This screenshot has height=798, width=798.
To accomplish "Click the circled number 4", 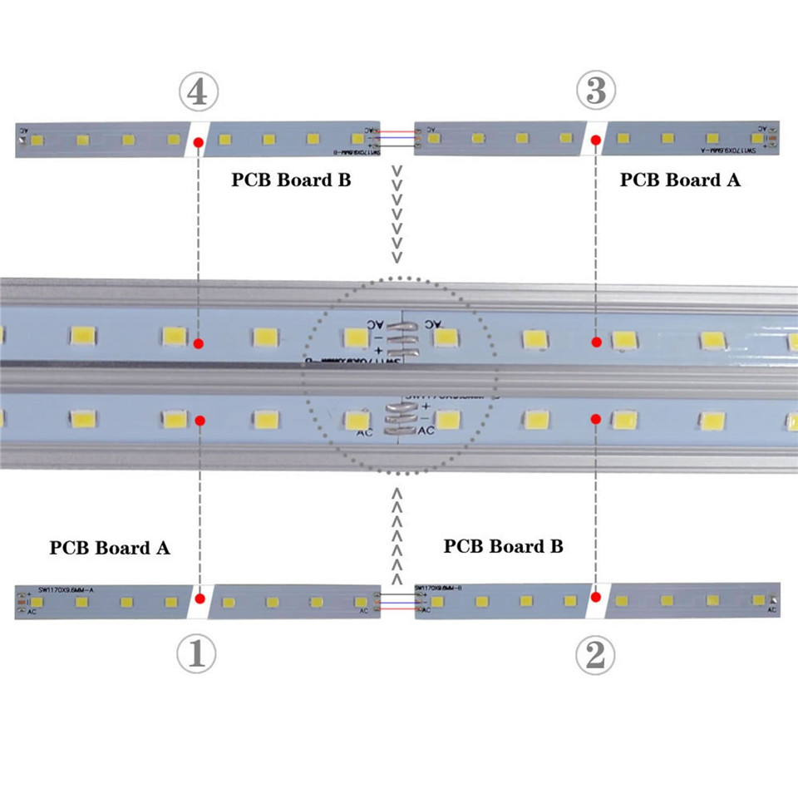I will click(198, 91).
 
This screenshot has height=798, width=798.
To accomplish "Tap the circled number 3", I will click(596, 91).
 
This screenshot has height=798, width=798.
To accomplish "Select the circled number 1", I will click(197, 655).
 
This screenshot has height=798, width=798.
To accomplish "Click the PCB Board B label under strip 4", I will click(291, 180).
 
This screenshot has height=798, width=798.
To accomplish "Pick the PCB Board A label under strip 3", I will click(680, 180).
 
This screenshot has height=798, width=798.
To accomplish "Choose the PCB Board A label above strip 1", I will click(110, 548).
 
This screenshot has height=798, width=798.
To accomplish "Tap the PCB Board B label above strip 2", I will click(503, 546).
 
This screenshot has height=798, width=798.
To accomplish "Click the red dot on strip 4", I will click(198, 144).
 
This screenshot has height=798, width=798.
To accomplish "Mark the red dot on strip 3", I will click(596, 143).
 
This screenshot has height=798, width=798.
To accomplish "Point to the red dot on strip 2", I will click(596, 595).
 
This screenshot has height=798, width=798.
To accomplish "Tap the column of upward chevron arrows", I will click(397, 537).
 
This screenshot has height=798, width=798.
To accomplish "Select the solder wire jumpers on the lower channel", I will click(400, 420).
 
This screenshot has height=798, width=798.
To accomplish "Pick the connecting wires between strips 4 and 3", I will click(395, 138).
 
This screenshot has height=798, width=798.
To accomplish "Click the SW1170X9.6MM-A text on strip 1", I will click(66, 589).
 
